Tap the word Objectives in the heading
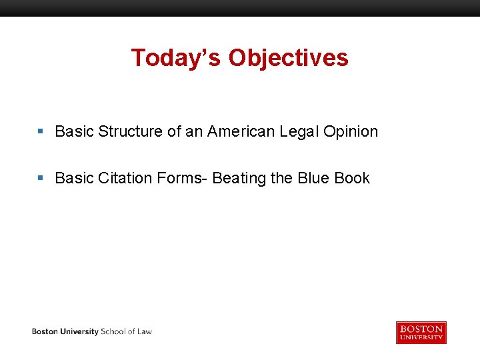288,58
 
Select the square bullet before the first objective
41,132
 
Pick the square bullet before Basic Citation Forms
41,179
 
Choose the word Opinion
351,132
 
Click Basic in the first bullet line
74,132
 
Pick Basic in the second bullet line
74,179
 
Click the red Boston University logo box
421,332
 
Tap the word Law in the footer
144,331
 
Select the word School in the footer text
113,331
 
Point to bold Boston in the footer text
45,331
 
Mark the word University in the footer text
79,331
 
